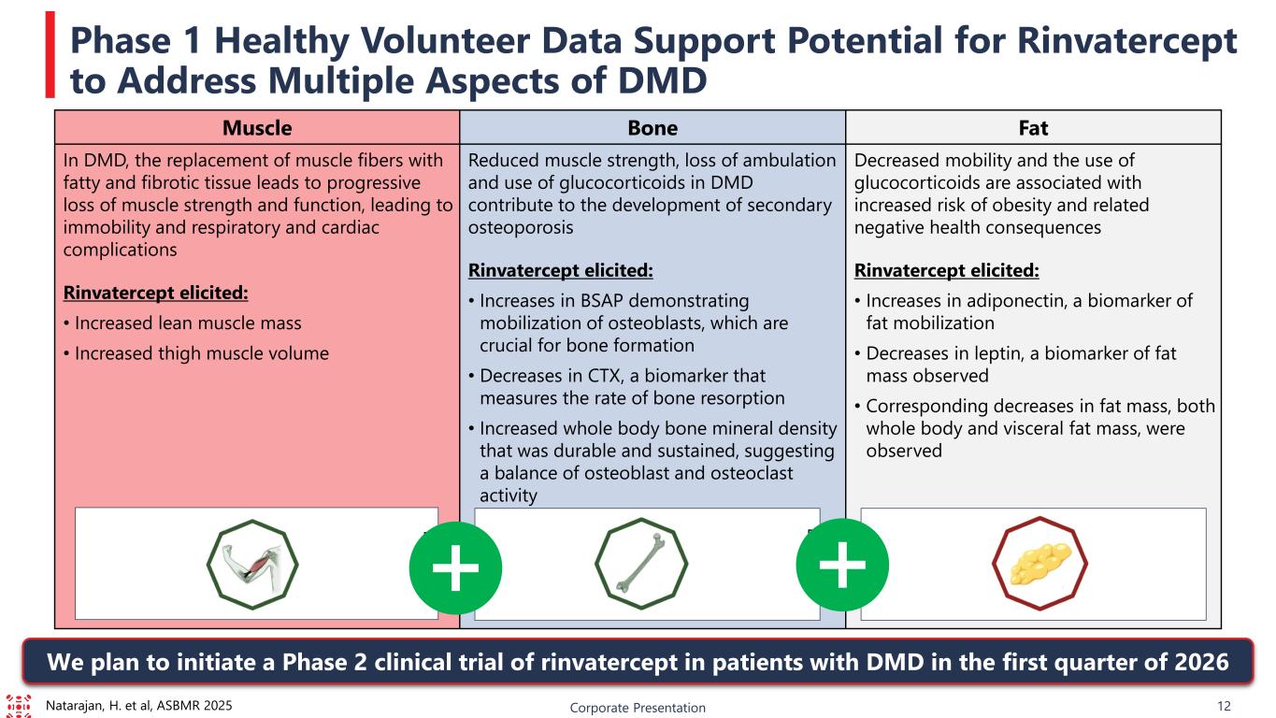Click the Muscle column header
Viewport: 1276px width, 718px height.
pos(256,127)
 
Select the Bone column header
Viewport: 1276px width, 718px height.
pos(652,127)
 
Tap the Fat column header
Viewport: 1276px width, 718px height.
pos(1033,127)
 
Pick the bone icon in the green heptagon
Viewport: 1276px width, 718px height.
pos(641,564)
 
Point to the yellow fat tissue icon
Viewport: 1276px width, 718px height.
pos(1032,564)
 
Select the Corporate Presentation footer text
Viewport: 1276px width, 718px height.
pos(638,708)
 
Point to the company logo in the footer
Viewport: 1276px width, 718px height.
pos(18,706)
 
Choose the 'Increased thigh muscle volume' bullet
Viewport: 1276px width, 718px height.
pos(195,353)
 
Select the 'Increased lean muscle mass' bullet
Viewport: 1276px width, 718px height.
pos(182,323)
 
